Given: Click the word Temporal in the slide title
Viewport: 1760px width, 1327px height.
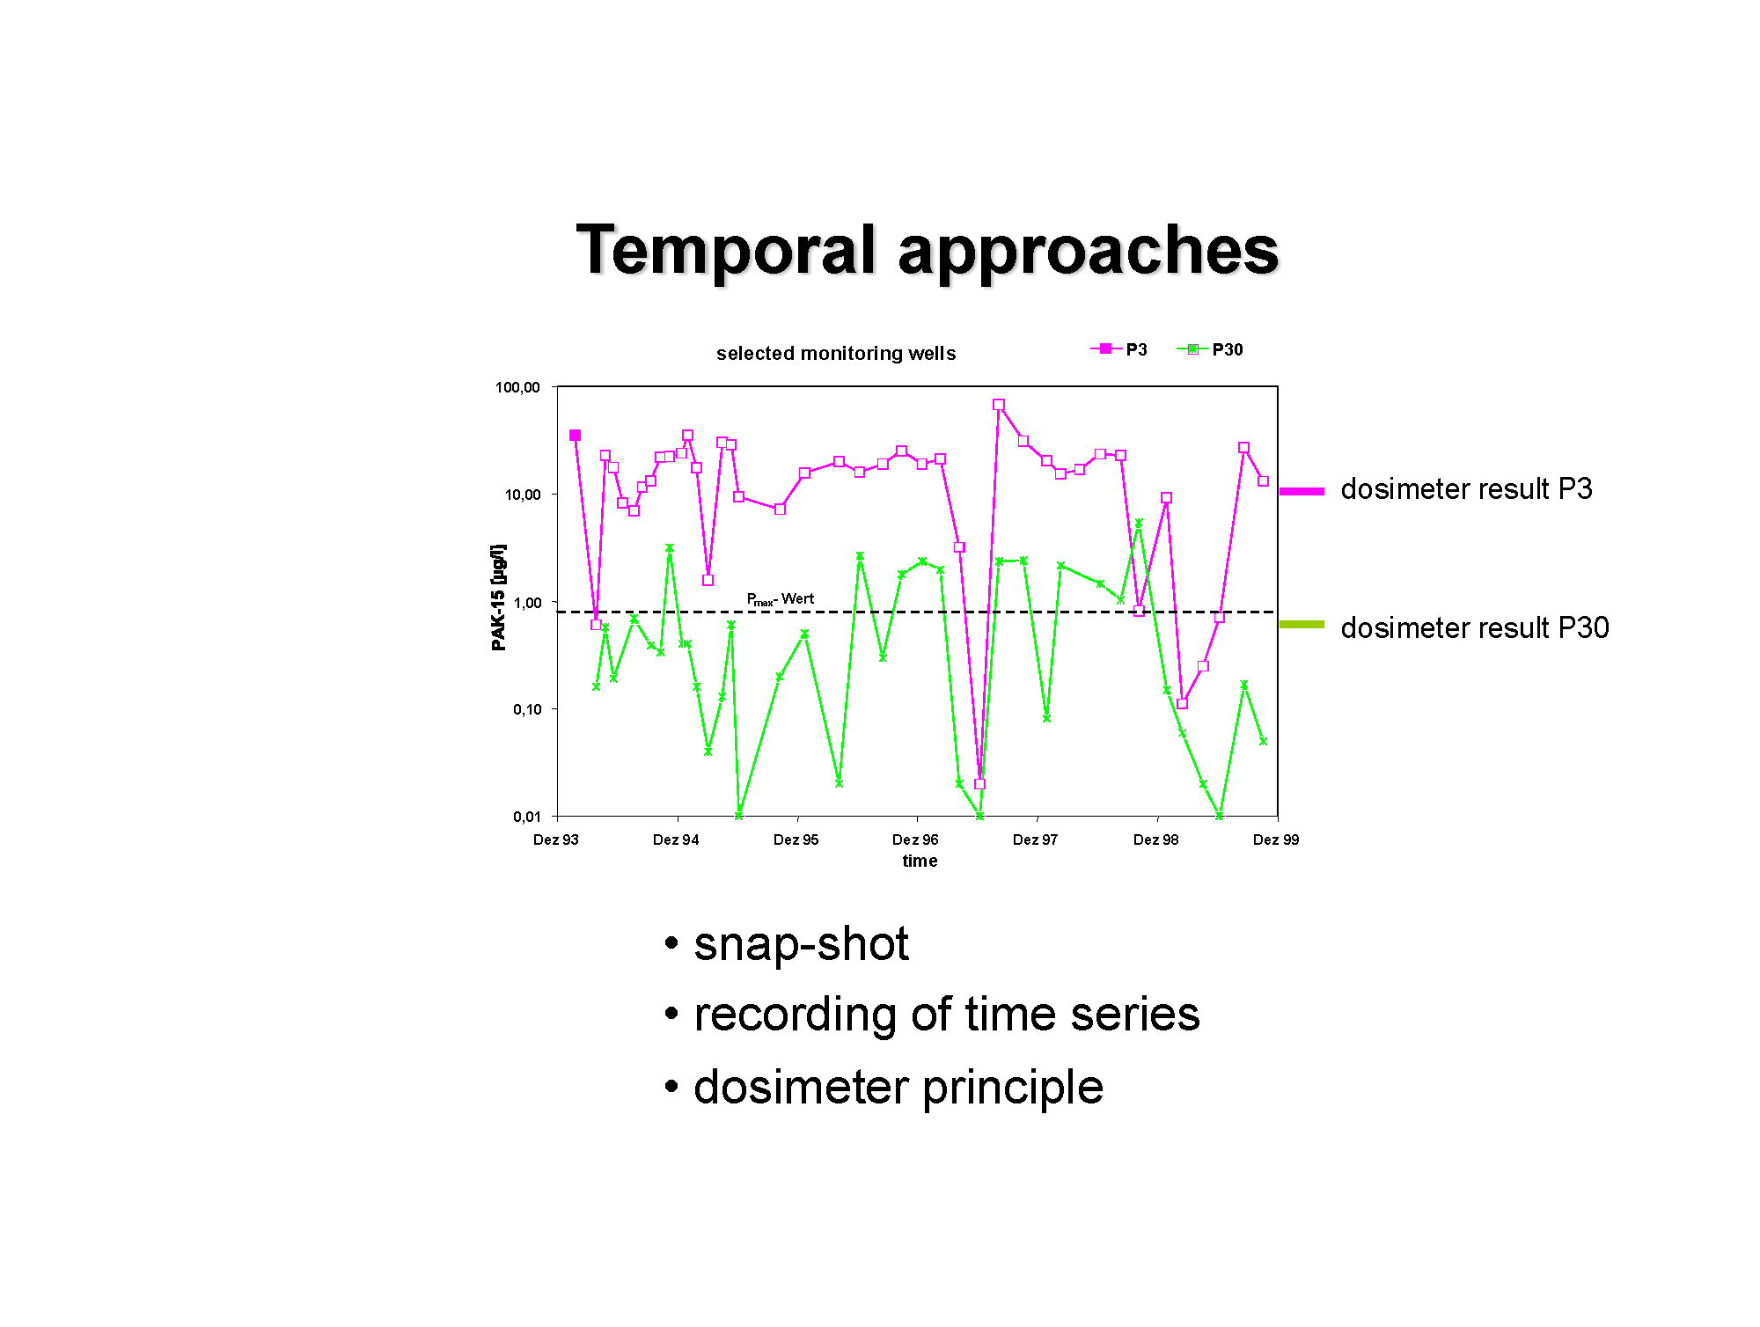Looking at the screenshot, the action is [x=726, y=250].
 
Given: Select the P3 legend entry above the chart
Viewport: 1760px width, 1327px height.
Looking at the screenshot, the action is [x=1118, y=349].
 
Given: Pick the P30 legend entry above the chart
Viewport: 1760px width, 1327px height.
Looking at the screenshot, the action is [x=1210, y=349].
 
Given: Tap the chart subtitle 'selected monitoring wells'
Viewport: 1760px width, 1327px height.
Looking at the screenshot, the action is [x=836, y=354].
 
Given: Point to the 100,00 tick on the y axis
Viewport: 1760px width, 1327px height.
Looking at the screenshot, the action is [x=517, y=387].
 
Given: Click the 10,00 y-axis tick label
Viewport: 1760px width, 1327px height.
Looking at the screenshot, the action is [x=522, y=495].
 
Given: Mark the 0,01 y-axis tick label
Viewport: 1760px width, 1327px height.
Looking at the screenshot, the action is [x=526, y=817].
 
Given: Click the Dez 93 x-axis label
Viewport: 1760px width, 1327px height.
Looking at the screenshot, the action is [x=556, y=839].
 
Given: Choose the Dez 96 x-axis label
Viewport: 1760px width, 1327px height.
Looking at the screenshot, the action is [x=915, y=839].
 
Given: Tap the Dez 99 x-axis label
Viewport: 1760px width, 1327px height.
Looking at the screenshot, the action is [x=1276, y=839].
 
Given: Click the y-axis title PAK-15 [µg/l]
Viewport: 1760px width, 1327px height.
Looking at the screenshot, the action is [x=499, y=598].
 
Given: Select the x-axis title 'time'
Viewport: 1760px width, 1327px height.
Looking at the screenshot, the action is [x=920, y=861].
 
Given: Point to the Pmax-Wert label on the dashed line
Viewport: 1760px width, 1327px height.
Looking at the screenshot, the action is [x=781, y=599].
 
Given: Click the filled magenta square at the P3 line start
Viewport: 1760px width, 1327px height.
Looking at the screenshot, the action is [x=575, y=436].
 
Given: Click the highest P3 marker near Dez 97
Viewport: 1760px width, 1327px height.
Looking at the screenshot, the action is [x=998, y=405].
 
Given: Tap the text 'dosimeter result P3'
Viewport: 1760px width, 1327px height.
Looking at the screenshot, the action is [x=1466, y=489].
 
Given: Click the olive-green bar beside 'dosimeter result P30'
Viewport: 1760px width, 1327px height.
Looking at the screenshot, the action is [x=1302, y=625].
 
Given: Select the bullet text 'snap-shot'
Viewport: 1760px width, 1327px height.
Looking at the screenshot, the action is [x=801, y=944].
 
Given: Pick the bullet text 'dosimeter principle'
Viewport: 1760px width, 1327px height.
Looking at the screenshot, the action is [x=898, y=1088].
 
